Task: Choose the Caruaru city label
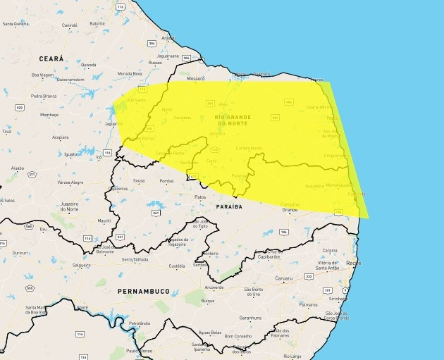click(283, 279)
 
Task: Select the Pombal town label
click(166, 181)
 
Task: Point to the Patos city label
click(200, 197)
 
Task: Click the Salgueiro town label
click(81, 265)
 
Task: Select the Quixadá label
click(88, 64)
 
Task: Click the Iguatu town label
click(72, 154)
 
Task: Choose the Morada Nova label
click(129, 73)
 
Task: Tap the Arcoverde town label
click(214, 287)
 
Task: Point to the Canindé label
click(70, 25)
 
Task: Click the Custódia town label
click(178, 266)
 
